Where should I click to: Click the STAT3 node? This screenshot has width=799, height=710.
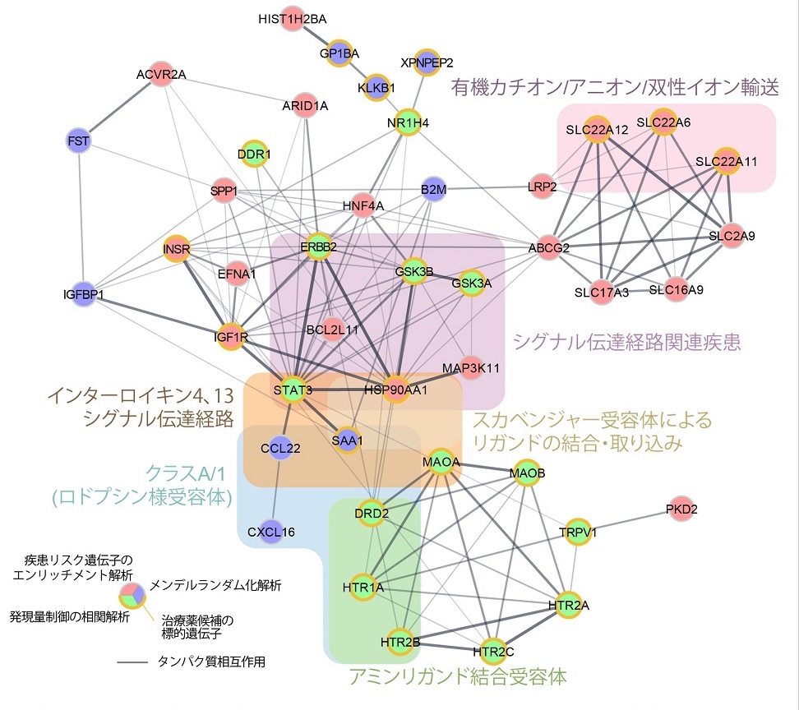[x=293, y=390]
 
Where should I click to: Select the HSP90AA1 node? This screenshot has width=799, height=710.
[x=395, y=390]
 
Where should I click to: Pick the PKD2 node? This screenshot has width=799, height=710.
[x=681, y=509]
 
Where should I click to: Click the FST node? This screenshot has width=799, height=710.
[x=78, y=141]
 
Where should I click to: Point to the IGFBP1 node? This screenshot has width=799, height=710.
[x=83, y=293]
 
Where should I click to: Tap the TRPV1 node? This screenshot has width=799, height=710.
[x=577, y=531]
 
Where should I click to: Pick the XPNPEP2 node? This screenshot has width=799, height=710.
[x=427, y=61]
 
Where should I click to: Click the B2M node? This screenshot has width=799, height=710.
[x=433, y=188]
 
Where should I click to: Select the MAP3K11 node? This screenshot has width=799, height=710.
[x=470, y=367]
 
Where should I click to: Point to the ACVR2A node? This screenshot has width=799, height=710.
[x=161, y=76]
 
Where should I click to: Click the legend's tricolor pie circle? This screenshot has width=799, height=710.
[x=132, y=593]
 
